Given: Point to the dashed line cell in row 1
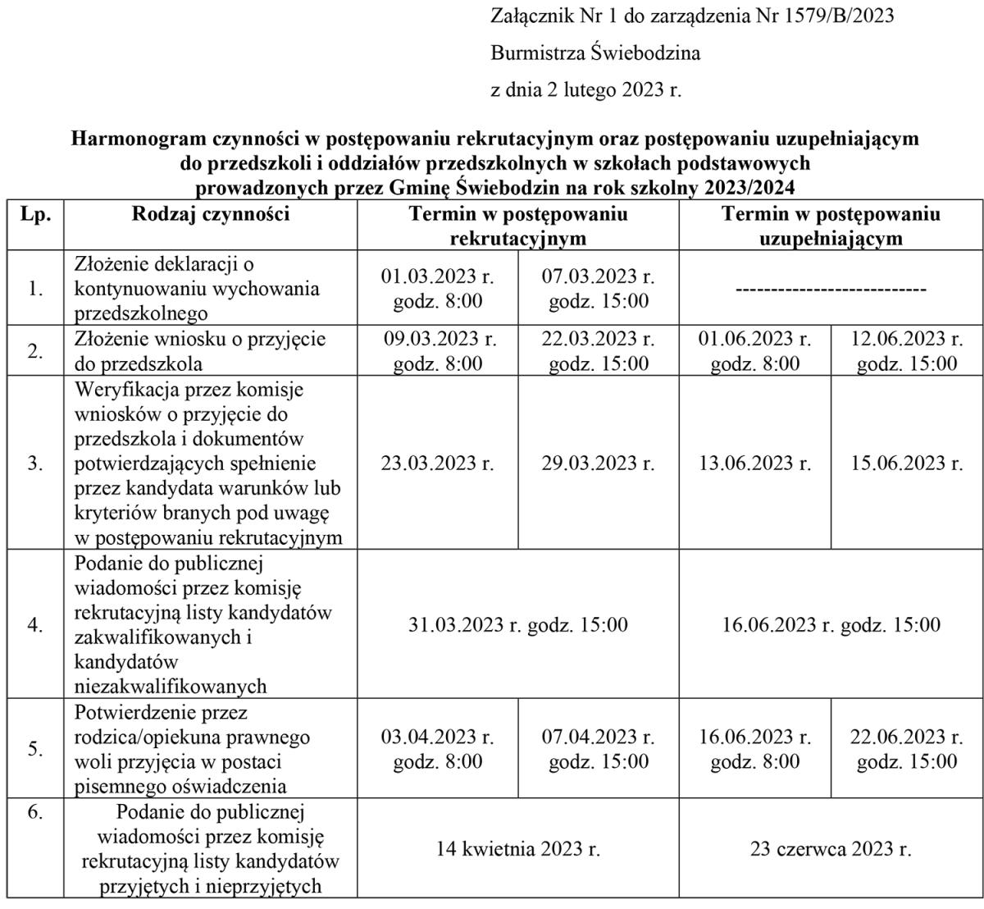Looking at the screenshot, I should [x=831, y=290].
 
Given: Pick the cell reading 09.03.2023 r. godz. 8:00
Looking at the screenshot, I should [x=438, y=351].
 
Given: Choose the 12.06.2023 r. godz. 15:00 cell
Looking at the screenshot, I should [x=906, y=351].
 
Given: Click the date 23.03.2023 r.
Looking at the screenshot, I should [x=438, y=464].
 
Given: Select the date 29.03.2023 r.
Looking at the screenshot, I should [x=599, y=464].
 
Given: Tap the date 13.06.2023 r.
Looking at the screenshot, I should [x=755, y=464].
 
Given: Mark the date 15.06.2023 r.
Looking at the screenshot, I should [x=906, y=464].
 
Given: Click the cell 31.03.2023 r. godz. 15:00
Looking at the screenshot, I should [x=518, y=625].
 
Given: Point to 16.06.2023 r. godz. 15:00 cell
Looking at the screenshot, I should [x=831, y=625].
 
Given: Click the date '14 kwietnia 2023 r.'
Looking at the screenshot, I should [x=518, y=848].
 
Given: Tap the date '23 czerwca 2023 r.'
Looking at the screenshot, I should [x=831, y=848].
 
